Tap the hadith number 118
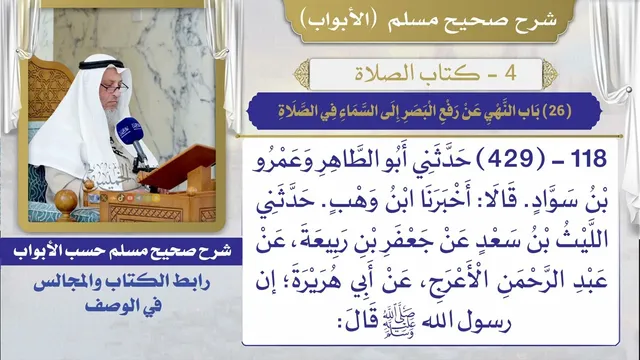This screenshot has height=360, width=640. tap(588, 159)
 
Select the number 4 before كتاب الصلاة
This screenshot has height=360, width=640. tap(510, 73)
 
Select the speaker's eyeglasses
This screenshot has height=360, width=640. tap(114, 87)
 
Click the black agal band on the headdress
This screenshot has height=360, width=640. tap(101, 64)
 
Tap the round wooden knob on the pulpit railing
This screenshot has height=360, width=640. tap(65, 202)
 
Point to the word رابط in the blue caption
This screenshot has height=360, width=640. tap(191, 282)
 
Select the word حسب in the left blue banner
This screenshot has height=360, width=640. tap(82, 250)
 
